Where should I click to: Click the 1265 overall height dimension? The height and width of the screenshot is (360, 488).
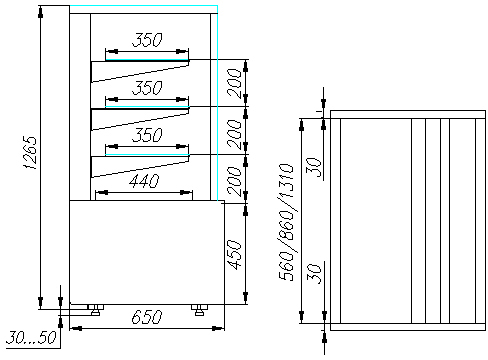coord(30,153)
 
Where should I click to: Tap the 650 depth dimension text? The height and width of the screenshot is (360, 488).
coord(147,317)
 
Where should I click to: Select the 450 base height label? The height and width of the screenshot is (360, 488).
coord(234,254)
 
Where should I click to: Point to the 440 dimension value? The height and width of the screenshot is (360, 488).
coord(144,181)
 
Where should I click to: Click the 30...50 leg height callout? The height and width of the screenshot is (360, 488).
coord(31,338)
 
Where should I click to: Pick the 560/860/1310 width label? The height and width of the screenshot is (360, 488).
coord(287,222)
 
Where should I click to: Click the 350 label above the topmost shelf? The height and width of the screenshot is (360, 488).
coord(147,40)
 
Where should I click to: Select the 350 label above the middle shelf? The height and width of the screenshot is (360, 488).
coord(147,88)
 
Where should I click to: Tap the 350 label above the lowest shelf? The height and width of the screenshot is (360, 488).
coord(147,135)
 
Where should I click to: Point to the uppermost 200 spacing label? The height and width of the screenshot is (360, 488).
coord(234,83)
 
